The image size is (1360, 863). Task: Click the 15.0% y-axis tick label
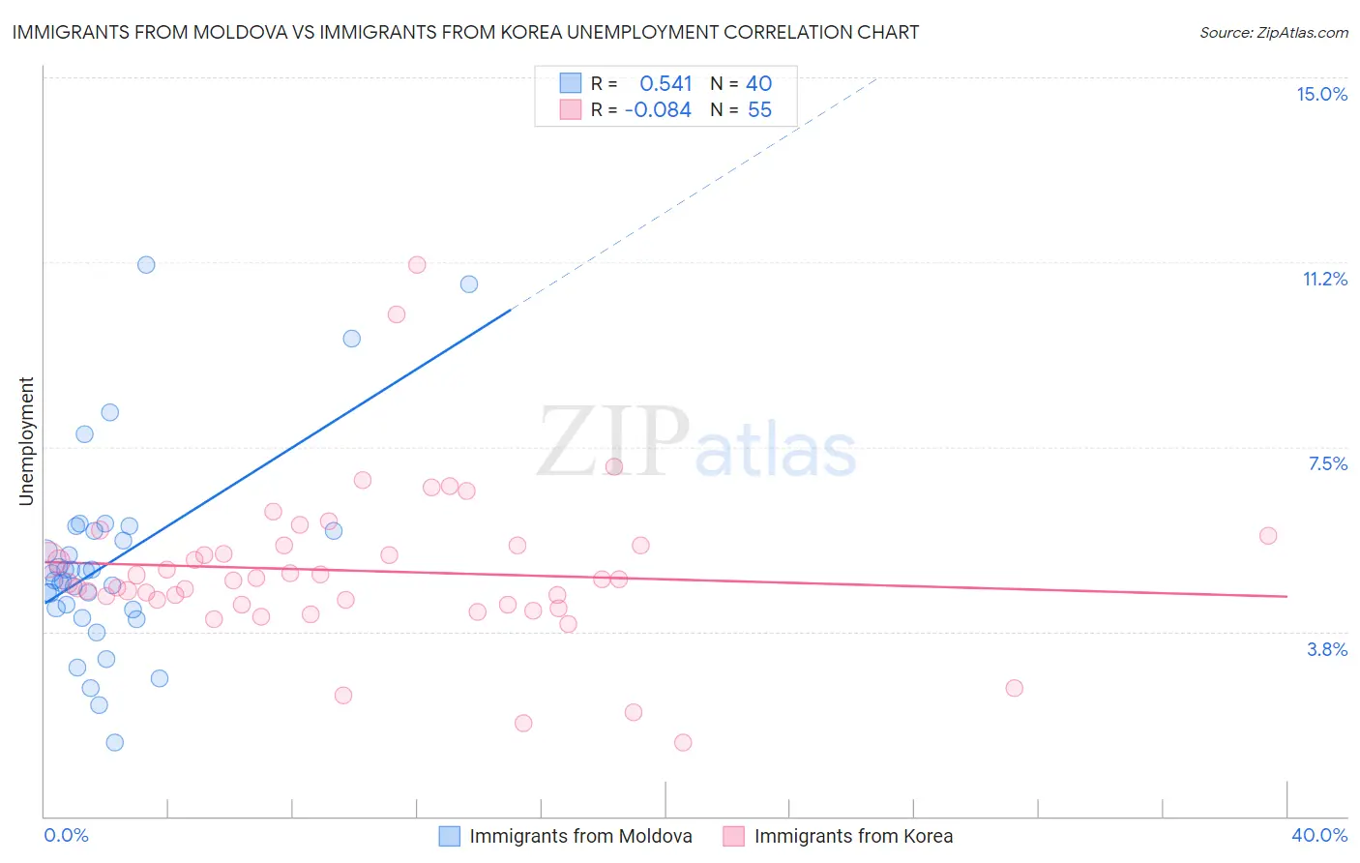[x=1321, y=94]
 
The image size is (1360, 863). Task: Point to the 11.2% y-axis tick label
[x=1324, y=279]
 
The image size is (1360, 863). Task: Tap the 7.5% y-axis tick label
[x=1327, y=463]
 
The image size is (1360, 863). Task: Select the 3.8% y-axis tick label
[x=1327, y=649]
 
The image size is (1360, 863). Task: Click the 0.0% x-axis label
[x=66, y=835]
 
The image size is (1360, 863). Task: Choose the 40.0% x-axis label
[x=1318, y=835]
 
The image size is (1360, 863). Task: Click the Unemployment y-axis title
[x=26, y=441]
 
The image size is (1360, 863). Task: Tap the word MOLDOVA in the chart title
[x=240, y=32]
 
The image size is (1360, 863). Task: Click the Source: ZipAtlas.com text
[x=1273, y=32]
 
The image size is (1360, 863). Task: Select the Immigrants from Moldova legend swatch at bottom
[x=449, y=836]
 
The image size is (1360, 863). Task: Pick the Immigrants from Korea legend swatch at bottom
[x=733, y=836]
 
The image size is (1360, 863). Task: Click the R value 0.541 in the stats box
[x=665, y=84]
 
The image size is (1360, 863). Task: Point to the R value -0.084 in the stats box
[x=658, y=110]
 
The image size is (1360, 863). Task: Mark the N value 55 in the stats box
[x=759, y=110]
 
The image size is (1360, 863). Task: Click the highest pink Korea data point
[x=417, y=265]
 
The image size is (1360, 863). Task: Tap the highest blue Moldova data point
[x=146, y=265]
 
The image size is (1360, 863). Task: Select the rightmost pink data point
[x=1268, y=536]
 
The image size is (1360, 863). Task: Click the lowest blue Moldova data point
[x=114, y=743]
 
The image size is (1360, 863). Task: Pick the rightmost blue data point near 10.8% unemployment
[x=469, y=284]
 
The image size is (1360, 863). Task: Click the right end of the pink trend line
[x=1286, y=597]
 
